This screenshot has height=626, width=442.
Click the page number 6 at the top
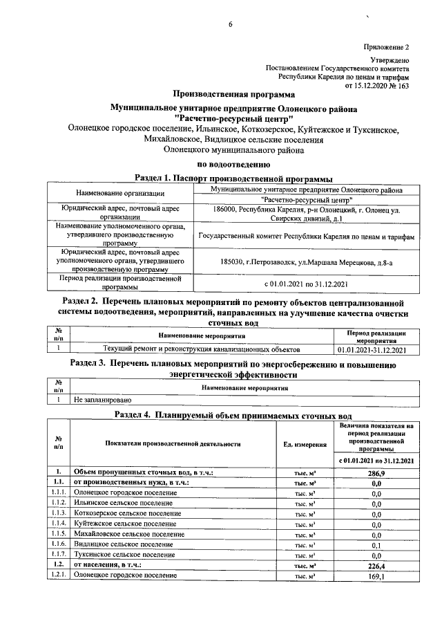(x=231, y=26)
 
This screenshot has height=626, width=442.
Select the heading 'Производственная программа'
(x=233, y=94)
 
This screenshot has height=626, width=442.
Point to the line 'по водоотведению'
(x=233, y=165)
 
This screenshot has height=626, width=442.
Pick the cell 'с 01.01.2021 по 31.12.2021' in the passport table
(x=307, y=284)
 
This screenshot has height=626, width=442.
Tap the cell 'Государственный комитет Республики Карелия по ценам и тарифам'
(x=307, y=236)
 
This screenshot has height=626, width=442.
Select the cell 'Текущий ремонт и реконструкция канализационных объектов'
(x=201, y=349)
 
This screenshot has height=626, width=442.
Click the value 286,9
(x=376, y=472)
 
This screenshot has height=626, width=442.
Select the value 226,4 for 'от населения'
(x=376, y=565)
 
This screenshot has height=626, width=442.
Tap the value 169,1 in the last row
(x=376, y=576)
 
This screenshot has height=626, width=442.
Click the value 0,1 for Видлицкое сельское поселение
(x=376, y=544)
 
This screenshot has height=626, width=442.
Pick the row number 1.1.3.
(x=58, y=513)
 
